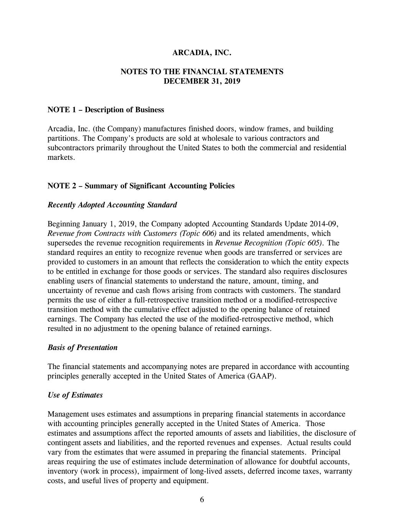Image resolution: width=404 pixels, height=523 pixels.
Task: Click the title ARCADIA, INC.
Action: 202,53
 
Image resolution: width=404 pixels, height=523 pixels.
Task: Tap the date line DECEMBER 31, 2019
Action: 202,81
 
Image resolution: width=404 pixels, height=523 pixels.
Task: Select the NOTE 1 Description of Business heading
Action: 106,110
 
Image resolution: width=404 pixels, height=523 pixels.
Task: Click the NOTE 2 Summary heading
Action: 141,186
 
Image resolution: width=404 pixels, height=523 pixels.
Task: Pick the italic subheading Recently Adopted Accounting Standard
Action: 112,205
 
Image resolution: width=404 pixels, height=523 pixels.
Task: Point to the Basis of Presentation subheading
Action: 82,348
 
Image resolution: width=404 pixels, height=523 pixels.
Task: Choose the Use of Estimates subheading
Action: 75,395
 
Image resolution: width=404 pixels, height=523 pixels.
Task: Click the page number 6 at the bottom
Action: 202,500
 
